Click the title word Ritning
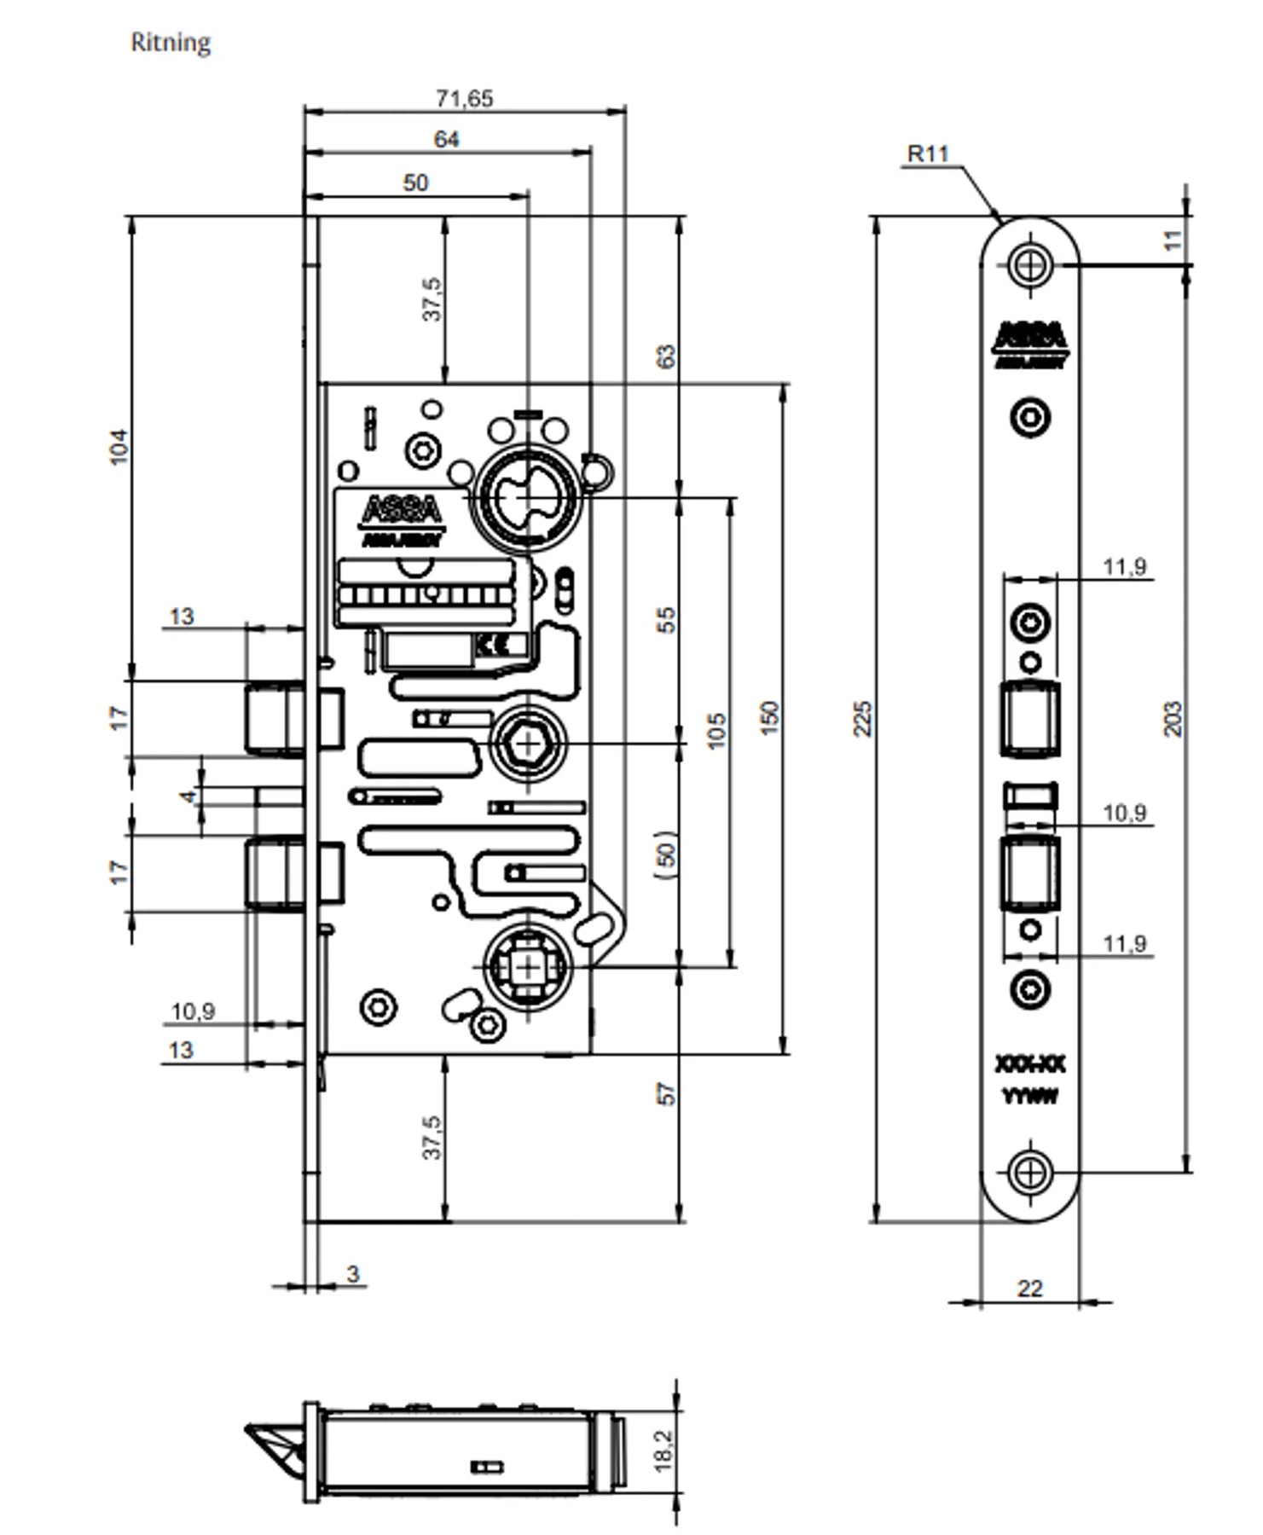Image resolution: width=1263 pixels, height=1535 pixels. point(171,43)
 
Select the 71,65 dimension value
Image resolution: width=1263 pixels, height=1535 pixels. point(464,99)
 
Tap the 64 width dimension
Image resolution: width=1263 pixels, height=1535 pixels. point(446,139)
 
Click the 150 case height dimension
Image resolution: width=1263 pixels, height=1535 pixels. point(769,718)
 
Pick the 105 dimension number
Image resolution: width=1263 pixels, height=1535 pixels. point(717,730)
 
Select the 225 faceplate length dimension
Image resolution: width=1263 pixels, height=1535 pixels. point(863,718)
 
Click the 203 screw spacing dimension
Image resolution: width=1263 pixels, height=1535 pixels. point(1173,718)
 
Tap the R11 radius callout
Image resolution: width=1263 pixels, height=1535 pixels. point(928,154)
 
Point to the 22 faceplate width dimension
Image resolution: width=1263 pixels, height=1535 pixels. point(1030,1289)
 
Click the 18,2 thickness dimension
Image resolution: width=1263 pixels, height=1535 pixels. point(663,1451)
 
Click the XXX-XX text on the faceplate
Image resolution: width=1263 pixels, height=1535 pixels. point(1030,1064)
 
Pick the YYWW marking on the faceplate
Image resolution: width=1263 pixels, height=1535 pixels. point(1030,1096)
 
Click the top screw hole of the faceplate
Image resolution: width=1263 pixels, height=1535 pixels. point(1030,264)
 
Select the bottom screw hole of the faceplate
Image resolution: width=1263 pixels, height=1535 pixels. point(1030,1173)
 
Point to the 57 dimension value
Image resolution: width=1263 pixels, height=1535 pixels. point(667,1093)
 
